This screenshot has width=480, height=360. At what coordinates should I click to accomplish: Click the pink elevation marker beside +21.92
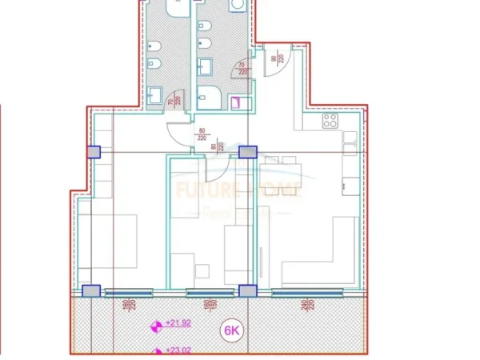(x=156, y=324)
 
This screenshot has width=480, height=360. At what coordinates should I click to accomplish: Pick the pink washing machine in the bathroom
(x=236, y=100)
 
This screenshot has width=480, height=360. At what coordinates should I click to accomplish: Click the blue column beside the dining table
(x=247, y=151)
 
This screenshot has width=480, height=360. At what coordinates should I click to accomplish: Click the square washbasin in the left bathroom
(x=158, y=100)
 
